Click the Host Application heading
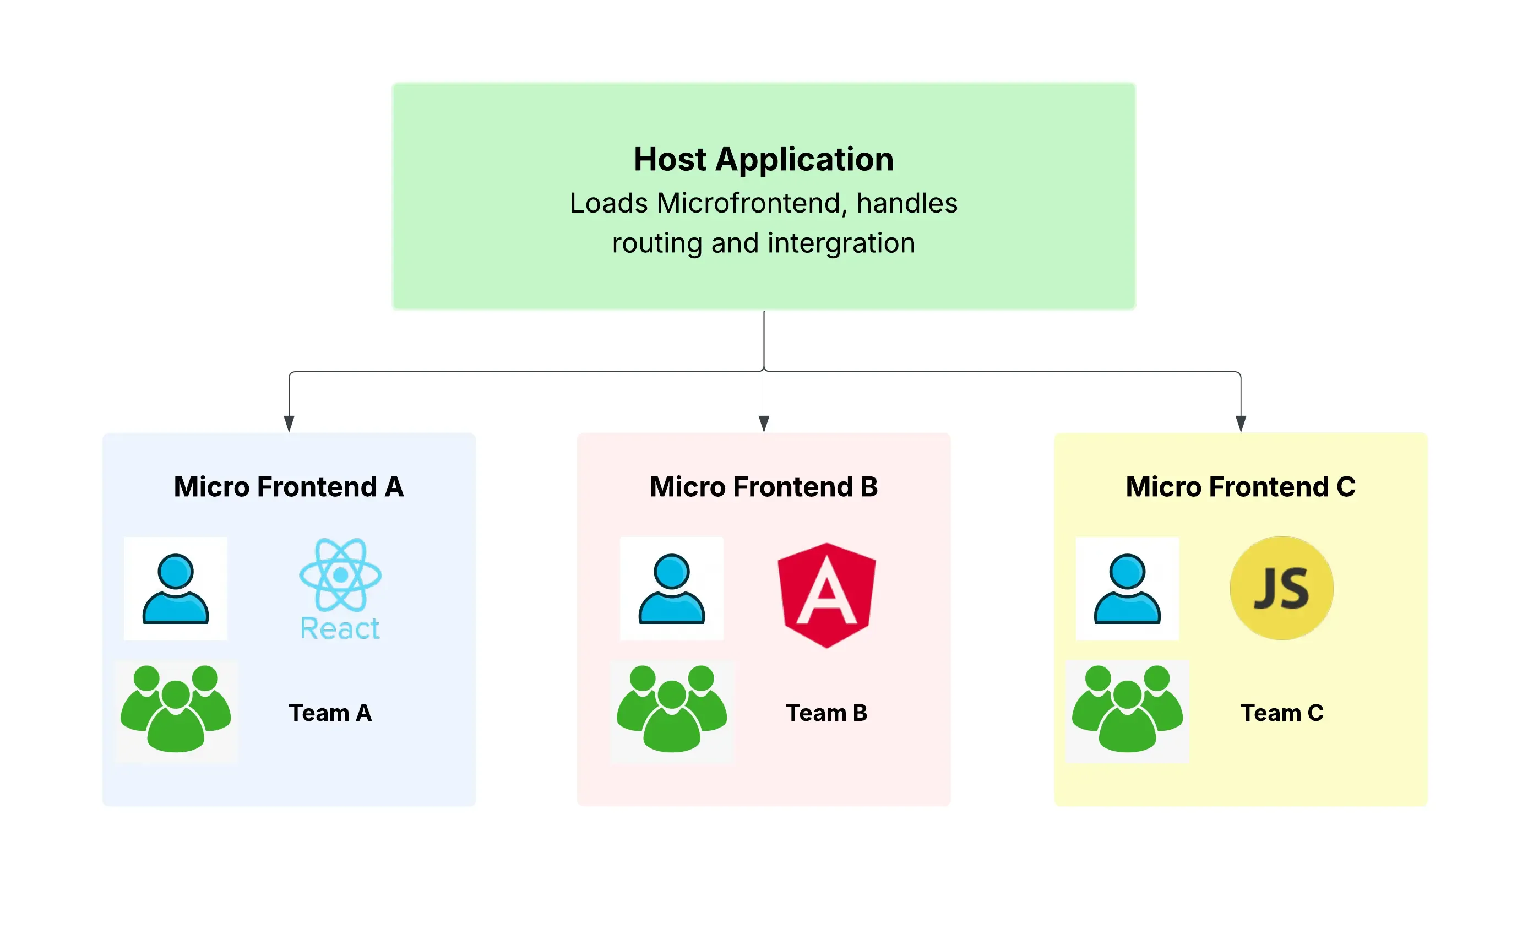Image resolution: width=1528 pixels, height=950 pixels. click(x=763, y=159)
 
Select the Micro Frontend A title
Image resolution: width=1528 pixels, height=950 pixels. click(x=289, y=487)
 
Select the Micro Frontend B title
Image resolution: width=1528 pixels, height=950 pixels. click(x=763, y=487)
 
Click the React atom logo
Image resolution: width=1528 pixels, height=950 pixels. click(x=340, y=576)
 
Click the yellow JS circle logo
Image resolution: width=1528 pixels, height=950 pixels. click(x=1281, y=588)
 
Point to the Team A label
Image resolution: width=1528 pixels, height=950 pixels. click(x=330, y=713)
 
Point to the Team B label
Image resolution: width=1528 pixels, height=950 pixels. click(x=826, y=713)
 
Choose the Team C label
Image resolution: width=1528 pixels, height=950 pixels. click(x=1281, y=713)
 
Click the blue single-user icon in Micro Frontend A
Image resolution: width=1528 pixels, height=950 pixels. click(x=175, y=589)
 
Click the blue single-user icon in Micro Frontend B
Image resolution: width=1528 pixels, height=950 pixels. click(x=671, y=589)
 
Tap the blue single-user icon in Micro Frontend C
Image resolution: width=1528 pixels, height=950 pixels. click(x=1127, y=589)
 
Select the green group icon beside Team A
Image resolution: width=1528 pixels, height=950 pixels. click(x=175, y=710)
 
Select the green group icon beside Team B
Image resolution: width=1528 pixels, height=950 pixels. click(x=671, y=710)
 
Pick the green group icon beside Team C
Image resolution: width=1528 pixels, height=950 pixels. click(x=1127, y=710)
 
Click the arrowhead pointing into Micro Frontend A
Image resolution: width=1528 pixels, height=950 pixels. click(x=289, y=424)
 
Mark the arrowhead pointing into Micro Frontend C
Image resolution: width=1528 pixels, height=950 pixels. click(x=1241, y=424)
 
